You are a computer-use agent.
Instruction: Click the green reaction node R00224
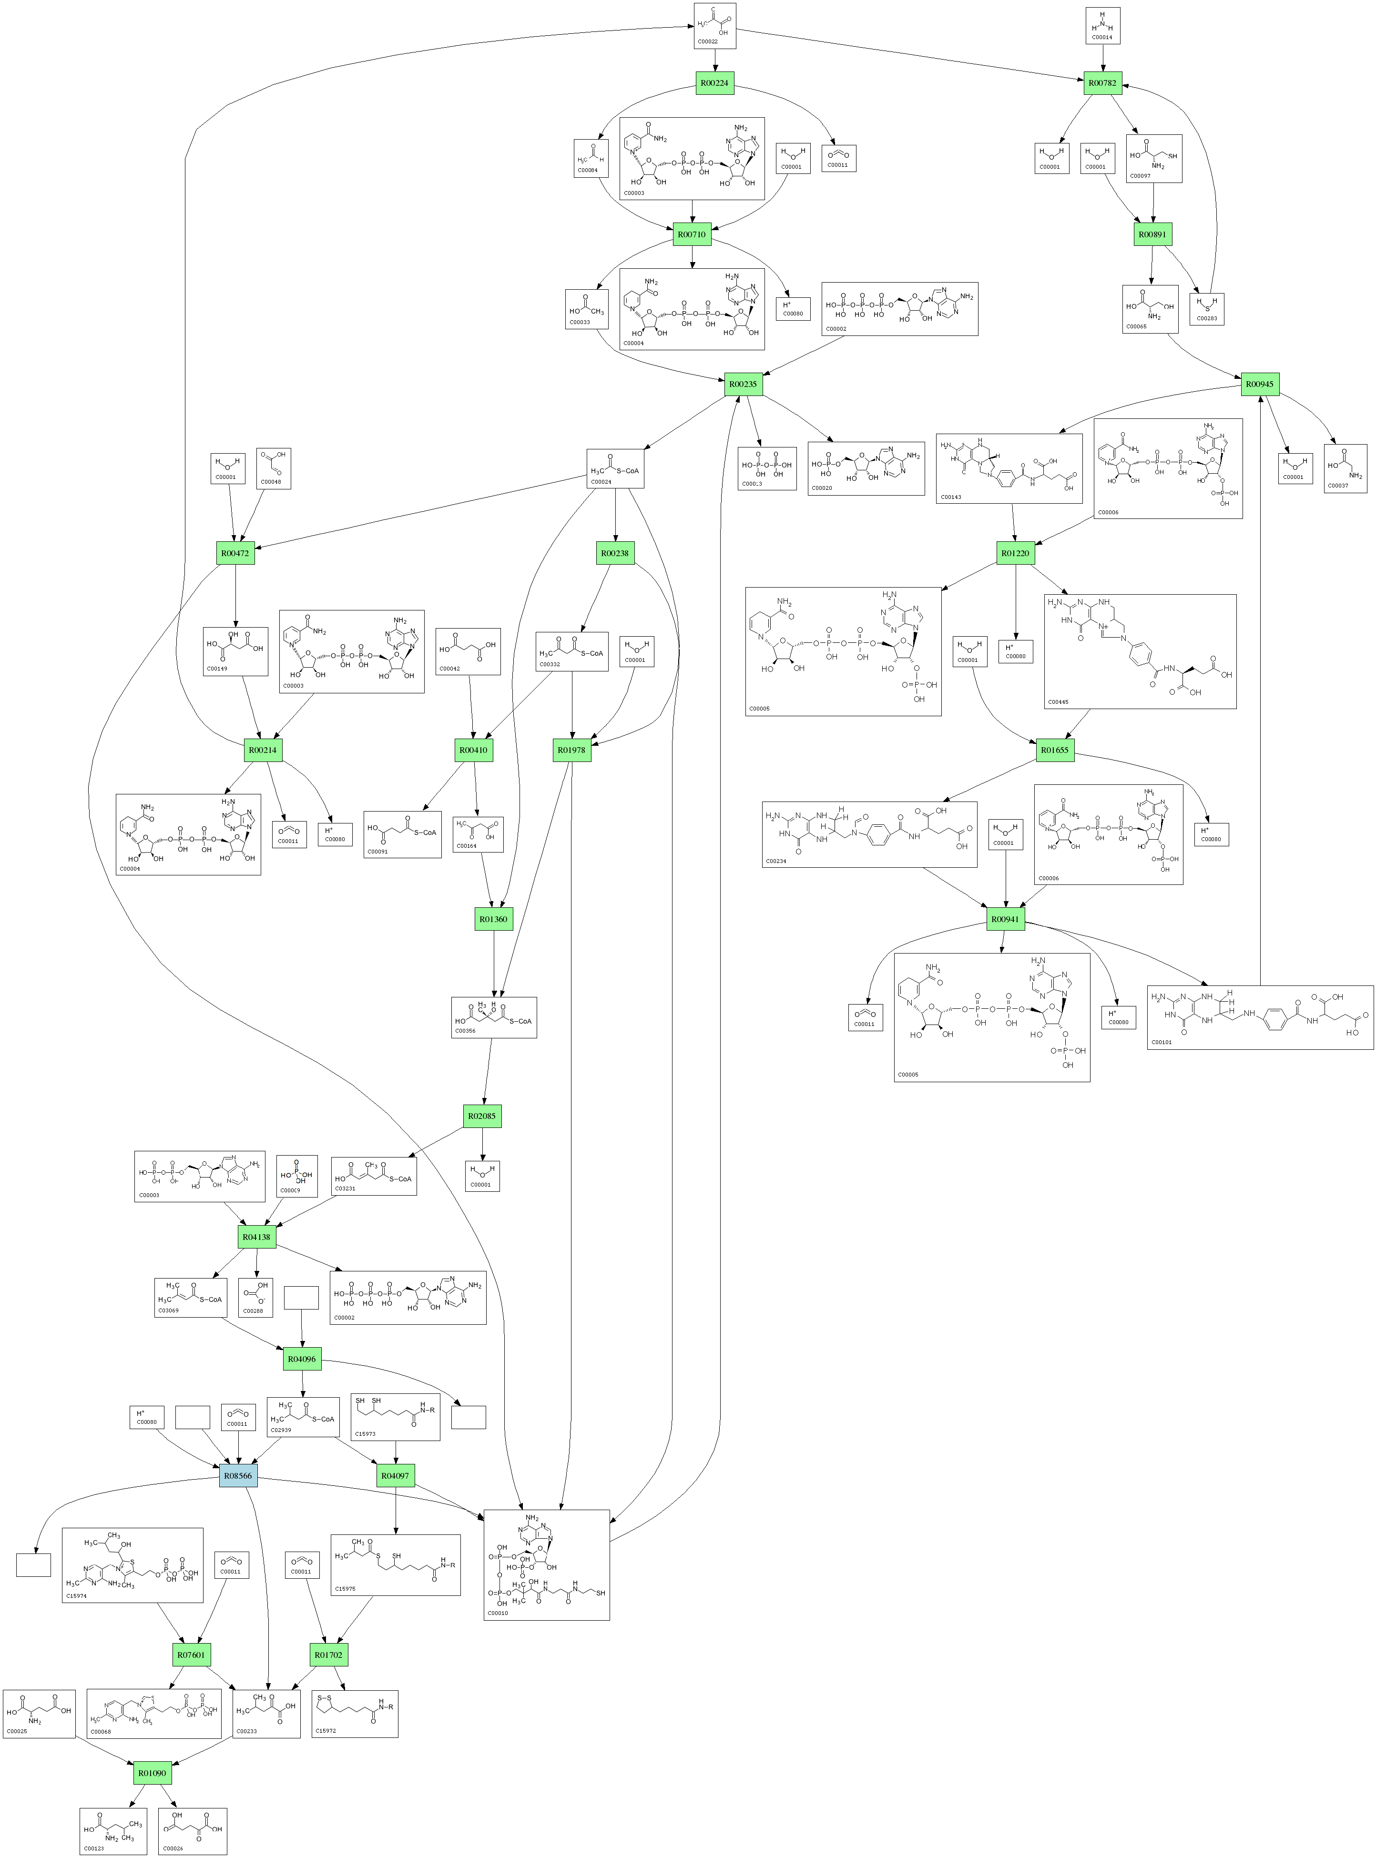714,83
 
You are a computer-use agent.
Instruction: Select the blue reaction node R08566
237,1476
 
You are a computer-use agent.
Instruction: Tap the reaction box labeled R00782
1103,83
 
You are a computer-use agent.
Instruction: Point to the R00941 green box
1005,919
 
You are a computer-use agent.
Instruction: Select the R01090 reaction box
152,1773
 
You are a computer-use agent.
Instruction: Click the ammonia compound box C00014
1102,25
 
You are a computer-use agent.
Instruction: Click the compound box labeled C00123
113,1831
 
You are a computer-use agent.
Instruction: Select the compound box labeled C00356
494,1017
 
